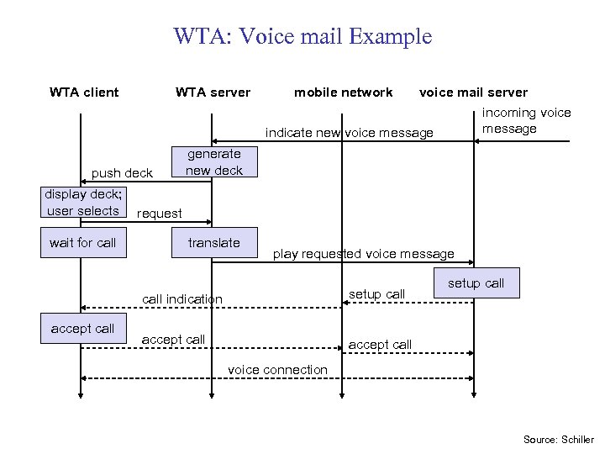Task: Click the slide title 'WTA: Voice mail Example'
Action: (302, 37)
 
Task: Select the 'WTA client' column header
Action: (84, 92)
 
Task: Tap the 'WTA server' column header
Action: (213, 92)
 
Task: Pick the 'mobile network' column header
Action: (343, 92)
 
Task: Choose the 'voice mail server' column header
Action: (473, 92)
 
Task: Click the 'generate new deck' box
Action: (213, 161)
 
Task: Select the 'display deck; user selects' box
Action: (83, 203)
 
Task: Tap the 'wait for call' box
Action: (83, 243)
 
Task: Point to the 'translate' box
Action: (213, 243)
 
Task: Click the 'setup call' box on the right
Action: (476, 283)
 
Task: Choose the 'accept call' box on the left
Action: (82, 329)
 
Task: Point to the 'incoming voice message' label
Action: (525, 121)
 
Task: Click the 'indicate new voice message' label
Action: (350, 133)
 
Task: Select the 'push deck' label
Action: (122, 173)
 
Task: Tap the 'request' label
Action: (159, 214)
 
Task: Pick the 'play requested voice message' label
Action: (363, 254)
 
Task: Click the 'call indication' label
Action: (182, 299)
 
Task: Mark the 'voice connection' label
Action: (277, 370)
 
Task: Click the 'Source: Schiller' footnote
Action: (558, 440)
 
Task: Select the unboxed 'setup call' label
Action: (376, 294)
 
